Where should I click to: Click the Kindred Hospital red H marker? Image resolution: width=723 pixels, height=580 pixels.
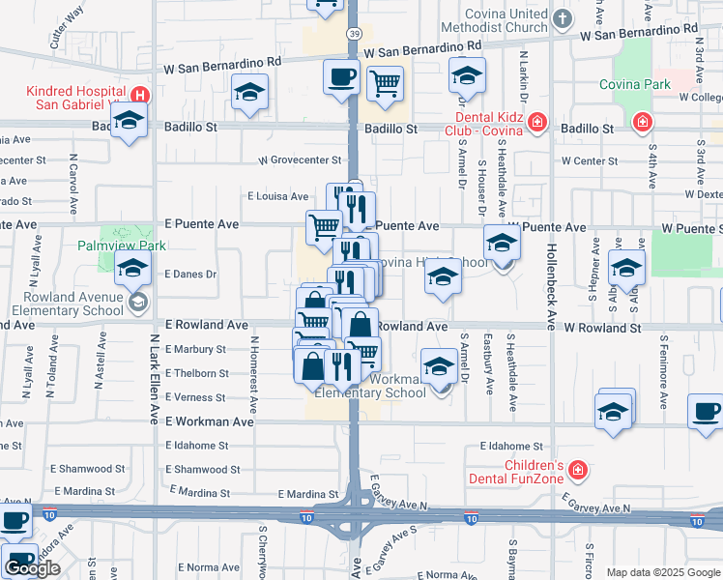pos(140,96)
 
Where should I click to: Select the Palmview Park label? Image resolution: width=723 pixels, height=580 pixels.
pos(116,246)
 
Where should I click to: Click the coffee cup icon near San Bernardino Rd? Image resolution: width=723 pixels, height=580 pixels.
pos(340,77)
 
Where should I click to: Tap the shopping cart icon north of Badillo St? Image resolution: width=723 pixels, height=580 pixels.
pos(386,85)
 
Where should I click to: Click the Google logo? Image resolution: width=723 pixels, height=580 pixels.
pos(32,568)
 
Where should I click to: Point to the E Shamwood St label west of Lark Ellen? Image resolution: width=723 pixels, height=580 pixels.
pos(85,468)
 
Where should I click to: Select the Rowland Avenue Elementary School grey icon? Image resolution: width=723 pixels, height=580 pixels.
pos(137,303)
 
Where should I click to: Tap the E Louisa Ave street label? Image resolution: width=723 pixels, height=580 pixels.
pos(277,196)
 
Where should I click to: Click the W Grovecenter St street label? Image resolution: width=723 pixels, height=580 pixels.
pos(300,160)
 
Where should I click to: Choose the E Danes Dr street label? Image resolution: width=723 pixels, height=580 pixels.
pos(189,274)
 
